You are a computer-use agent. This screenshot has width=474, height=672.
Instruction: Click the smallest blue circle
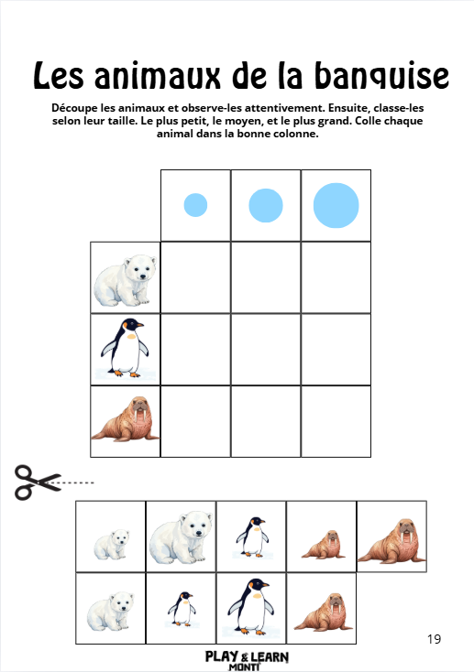tap(195, 205)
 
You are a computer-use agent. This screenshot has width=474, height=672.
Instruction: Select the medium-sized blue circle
tap(266, 205)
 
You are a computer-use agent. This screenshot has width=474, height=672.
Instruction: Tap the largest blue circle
tap(336, 205)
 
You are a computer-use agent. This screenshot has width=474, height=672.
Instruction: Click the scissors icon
tap(35, 482)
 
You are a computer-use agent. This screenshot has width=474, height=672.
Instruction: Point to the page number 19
tap(434, 638)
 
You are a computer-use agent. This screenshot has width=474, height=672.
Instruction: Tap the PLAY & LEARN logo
tap(243, 659)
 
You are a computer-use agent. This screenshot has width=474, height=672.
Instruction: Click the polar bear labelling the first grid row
tap(125, 277)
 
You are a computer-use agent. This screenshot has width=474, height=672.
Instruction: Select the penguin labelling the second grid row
tap(125, 349)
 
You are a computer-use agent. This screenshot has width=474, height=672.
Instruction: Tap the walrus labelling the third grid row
tap(125, 421)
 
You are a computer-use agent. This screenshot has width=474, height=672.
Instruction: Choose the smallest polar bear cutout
tap(111, 545)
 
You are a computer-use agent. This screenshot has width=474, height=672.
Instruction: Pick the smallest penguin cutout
tap(182, 607)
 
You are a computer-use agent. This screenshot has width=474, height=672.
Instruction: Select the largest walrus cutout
tap(391, 540)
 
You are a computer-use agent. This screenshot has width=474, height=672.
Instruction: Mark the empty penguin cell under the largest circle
tap(336, 349)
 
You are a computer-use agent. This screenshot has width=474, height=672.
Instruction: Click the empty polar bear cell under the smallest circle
tap(195, 277)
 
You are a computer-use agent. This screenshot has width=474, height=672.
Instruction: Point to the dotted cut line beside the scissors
tap(77, 482)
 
